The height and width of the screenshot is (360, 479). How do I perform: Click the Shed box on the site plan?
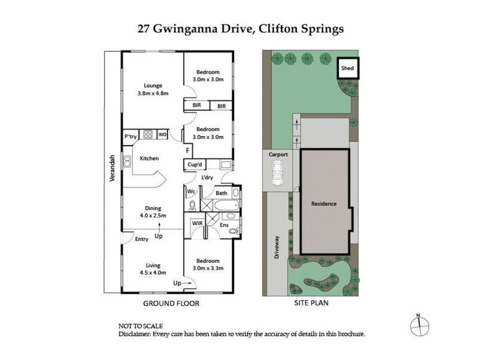point(348,68)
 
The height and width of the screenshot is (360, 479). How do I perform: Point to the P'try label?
point(131,135)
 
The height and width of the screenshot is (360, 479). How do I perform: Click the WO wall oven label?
point(162,135)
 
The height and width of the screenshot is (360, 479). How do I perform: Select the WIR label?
point(196,224)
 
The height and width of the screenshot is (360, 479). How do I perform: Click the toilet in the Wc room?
point(192,205)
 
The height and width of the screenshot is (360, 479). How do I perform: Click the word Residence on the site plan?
point(324,204)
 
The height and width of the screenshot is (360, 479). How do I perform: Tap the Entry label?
point(141,239)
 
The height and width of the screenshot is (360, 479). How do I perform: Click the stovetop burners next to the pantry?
point(147,135)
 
